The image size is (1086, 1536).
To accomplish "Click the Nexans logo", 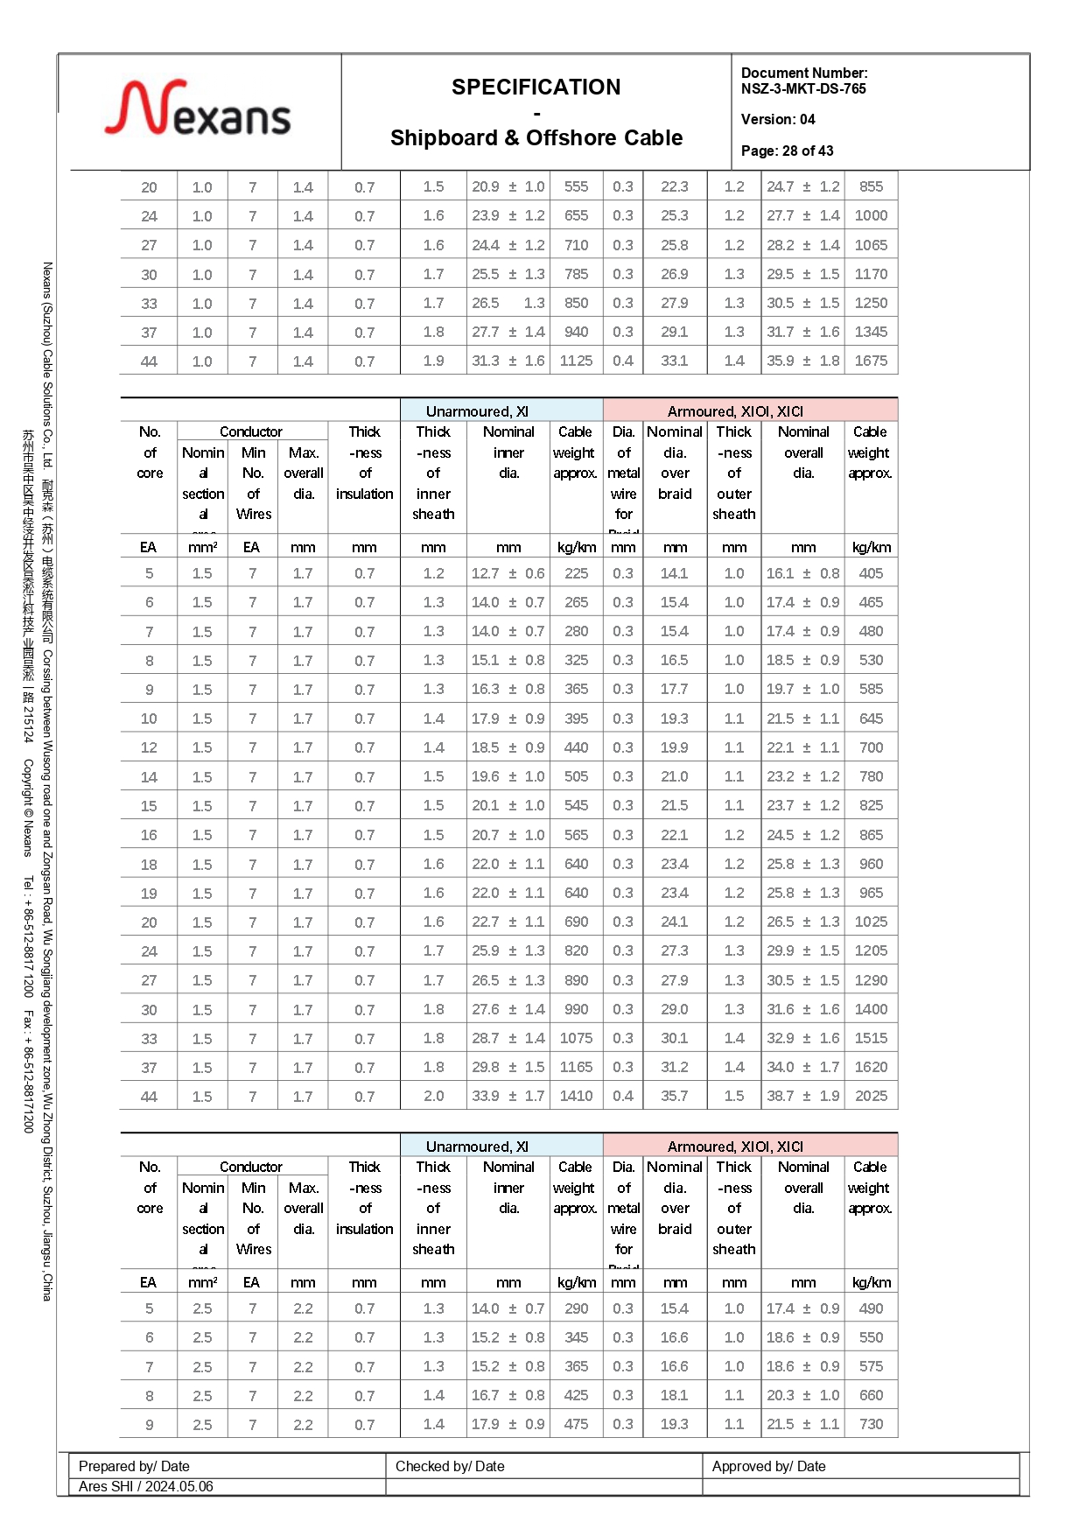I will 198,110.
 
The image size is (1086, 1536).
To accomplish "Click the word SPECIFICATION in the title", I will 536,88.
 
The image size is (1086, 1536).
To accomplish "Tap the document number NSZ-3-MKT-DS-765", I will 802,88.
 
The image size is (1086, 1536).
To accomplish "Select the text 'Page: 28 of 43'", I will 787,151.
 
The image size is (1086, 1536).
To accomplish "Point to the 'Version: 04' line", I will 777,119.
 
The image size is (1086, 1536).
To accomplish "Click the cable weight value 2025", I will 871,1096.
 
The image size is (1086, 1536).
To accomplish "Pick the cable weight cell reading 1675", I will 871,361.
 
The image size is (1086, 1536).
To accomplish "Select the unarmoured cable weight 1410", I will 576,1096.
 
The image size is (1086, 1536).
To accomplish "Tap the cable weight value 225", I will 576,573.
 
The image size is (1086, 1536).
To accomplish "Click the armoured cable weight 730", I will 871,1424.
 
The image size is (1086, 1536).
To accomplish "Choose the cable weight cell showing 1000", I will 871,215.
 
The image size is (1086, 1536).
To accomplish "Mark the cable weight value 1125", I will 576,361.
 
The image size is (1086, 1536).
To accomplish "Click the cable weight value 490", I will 871,1308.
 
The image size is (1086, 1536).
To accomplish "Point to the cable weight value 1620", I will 871,1067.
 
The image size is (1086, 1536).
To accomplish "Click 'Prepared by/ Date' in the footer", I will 134,1466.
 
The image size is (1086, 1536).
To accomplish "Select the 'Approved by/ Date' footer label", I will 768,1466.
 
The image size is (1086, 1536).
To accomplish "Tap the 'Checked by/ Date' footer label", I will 450,1466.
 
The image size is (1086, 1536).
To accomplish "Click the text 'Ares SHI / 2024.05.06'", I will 145,1486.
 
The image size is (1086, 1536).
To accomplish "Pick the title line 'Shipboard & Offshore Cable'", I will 536,138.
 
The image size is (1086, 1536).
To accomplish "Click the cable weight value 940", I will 576,332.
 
